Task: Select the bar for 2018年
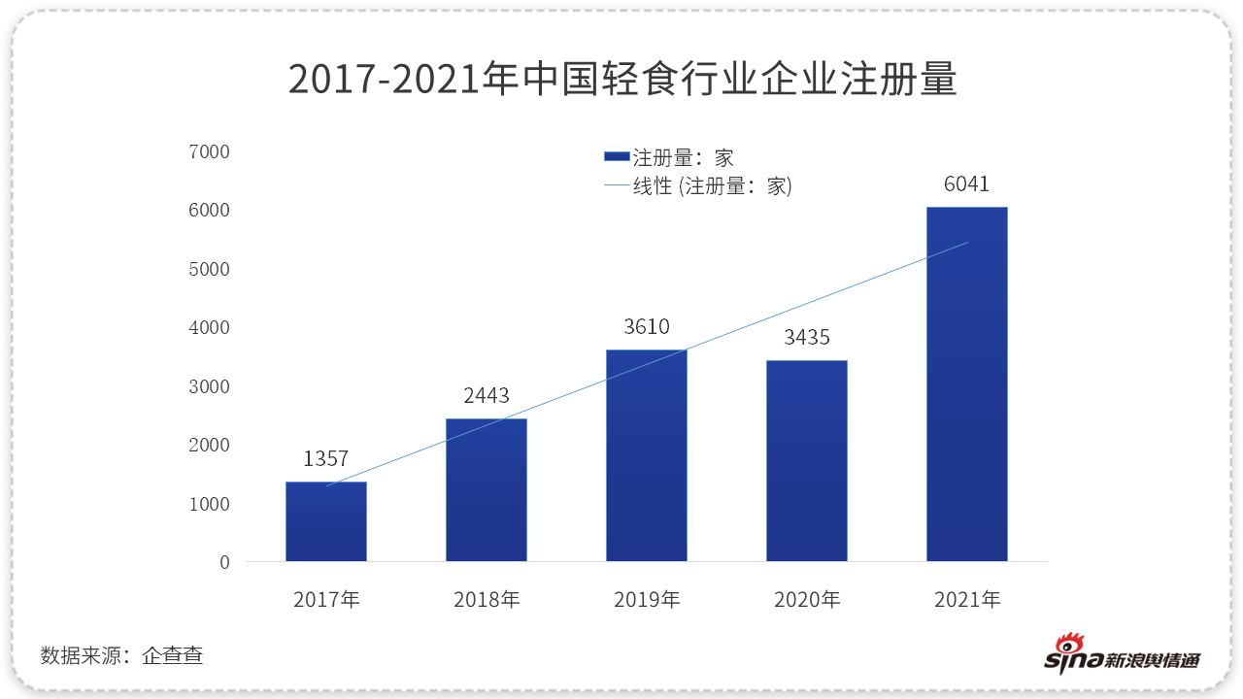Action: [x=487, y=490]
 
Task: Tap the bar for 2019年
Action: [x=647, y=455]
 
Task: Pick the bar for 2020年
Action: [x=807, y=461]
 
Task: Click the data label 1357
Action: [x=325, y=459]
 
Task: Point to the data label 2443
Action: [x=487, y=395]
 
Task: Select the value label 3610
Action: [x=647, y=327]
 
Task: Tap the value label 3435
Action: [x=807, y=338]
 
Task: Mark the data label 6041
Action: [x=966, y=184]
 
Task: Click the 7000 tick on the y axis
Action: [x=211, y=152]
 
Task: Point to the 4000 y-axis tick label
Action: [x=211, y=328]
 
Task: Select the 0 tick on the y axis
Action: [x=224, y=562]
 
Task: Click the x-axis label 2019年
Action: [x=647, y=600]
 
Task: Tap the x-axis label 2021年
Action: [x=967, y=600]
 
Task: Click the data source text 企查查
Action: [x=172, y=655]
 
